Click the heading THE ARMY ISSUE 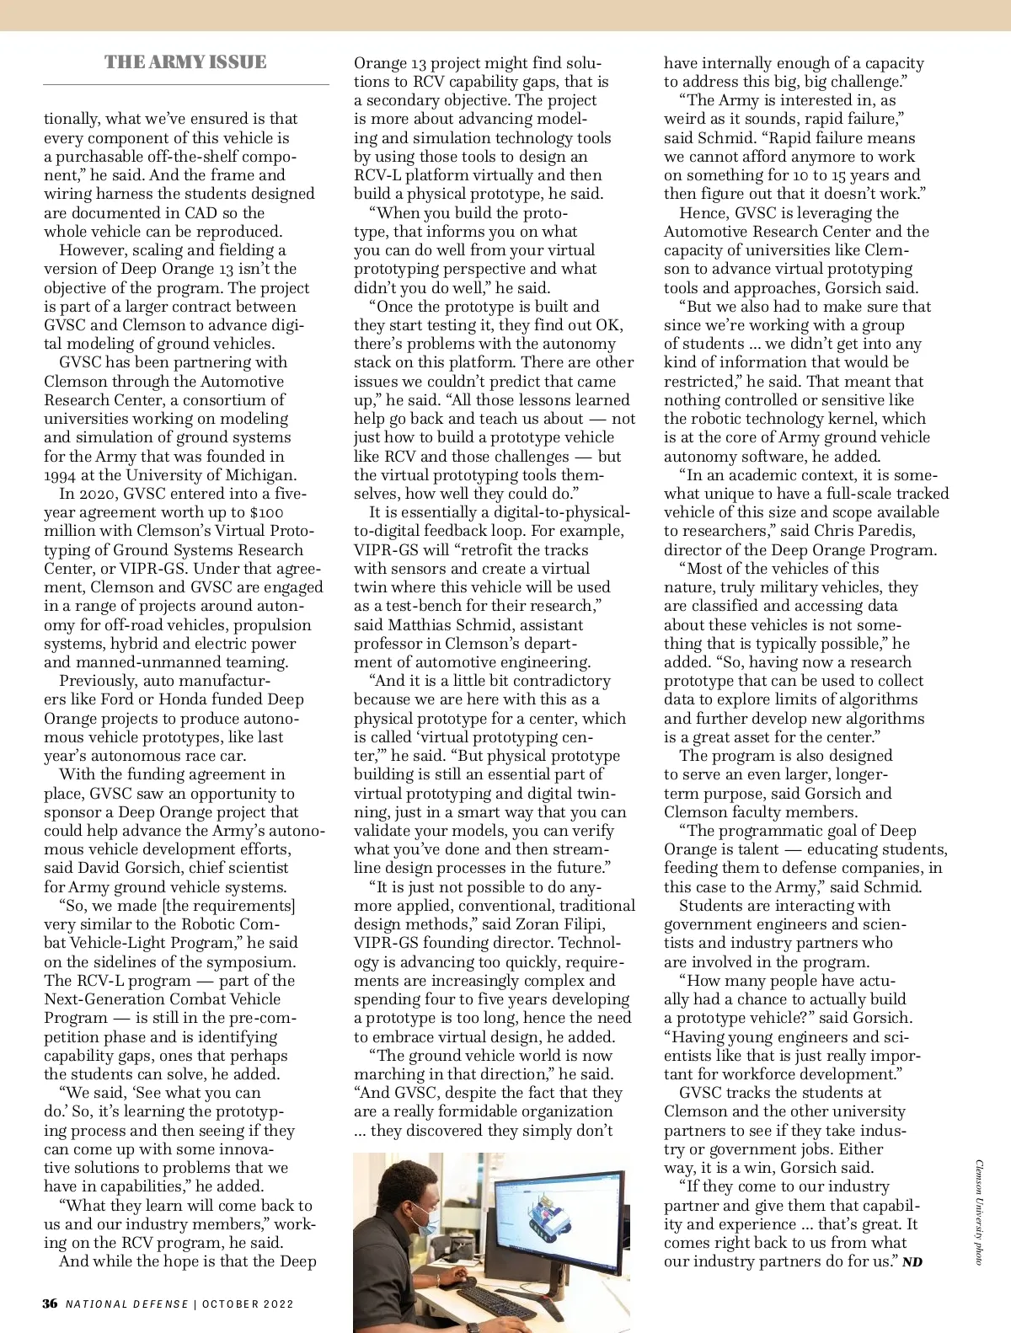[x=185, y=62]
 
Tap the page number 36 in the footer [x=51, y=1304]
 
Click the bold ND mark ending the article [x=912, y=1262]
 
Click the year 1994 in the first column [x=61, y=475]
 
